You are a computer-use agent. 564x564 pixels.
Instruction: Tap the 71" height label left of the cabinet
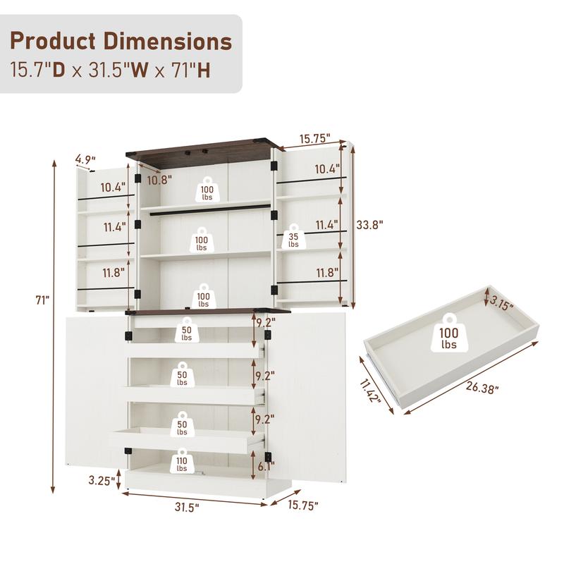tap(43, 300)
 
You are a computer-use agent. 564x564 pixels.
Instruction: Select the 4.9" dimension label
tap(85, 159)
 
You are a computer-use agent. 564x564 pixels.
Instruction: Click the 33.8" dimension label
tap(370, 226)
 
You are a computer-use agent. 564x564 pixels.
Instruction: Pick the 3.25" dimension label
tap(102, 481)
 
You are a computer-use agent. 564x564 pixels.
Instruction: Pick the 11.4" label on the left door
tap(114, 227)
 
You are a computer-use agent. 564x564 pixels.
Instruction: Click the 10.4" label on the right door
tap(326, 168)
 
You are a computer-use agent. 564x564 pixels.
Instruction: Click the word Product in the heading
tap(54, 40)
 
